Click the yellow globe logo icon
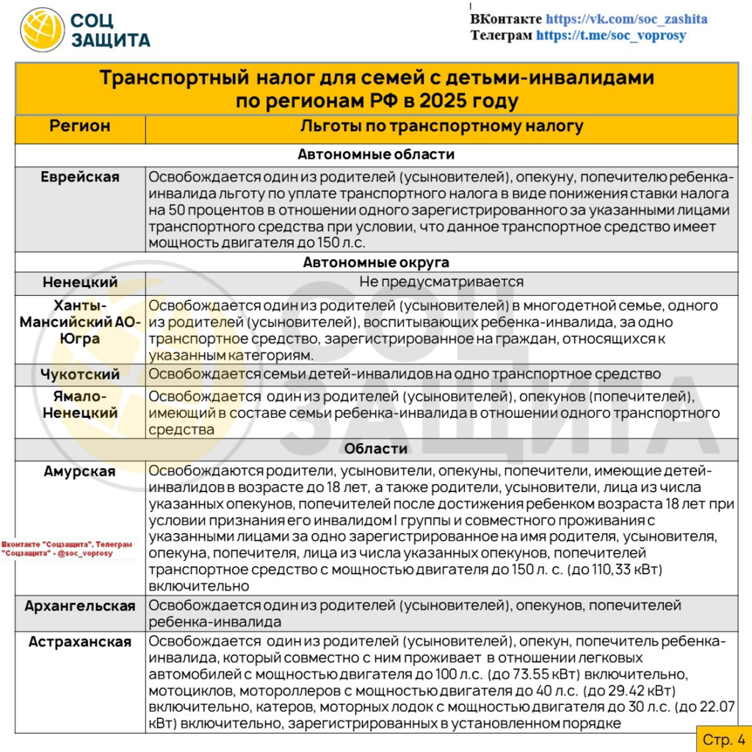click(43, 30)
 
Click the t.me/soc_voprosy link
click(611, 35)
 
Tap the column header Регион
click(80, 126)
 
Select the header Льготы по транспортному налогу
click(441, 126)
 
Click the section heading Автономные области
click(376, 155)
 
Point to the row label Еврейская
click(80, 177)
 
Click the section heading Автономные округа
click(376, 262)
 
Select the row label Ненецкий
click(80, 282)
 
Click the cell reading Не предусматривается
click(441, 282)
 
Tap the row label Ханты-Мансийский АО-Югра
click(80, 322)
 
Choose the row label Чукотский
click(80, 375)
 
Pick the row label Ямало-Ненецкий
click(80, 405)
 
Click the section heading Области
click(376, 449)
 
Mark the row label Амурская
click(80, 471)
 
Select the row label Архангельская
click(80, 606)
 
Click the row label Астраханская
click(80, 642)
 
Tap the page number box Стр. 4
click(723, 738)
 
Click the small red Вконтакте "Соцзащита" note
click(68, 549)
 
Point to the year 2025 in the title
click(438, 101)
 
